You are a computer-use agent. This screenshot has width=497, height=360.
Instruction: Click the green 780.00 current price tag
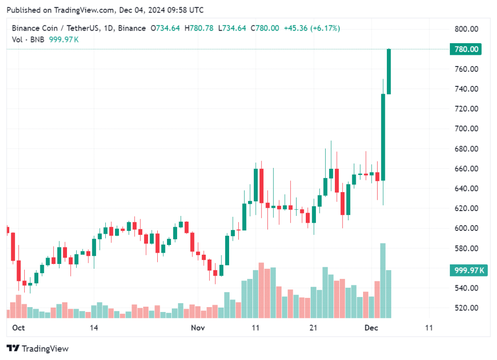coord(466,49)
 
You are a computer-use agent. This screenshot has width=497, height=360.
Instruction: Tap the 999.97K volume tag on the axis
coord(467,271)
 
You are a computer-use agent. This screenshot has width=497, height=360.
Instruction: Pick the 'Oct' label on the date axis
coord(18,328)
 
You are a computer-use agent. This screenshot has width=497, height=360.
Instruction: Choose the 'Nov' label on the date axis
coord(198,328)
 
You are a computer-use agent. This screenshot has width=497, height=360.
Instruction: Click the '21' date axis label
coord(314,328)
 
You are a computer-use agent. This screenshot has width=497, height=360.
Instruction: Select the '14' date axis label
coord(94,328)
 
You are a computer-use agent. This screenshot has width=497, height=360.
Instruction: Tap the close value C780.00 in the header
coord(265,28)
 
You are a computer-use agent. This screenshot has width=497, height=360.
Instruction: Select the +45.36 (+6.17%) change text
coord(312,28)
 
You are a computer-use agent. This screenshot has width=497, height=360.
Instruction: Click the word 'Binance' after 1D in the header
coord(131,28)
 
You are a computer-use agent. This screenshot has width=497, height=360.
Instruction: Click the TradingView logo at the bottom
coord(37,348)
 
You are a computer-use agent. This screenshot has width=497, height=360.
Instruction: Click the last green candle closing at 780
coord(389,72)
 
